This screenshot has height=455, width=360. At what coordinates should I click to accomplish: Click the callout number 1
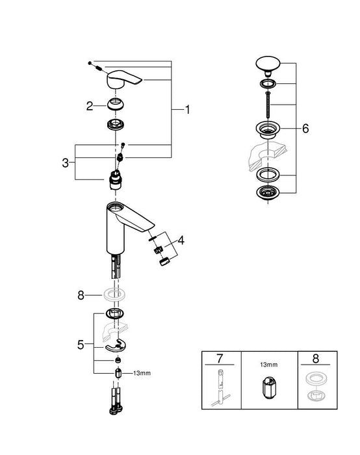(187, 110)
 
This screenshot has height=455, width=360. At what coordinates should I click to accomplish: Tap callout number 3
(66, 162)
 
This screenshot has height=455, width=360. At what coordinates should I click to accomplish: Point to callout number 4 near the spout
(181, 240)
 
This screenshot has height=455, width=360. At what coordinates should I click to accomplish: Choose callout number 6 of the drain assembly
(305, 128)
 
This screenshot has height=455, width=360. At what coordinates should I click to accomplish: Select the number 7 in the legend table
(219, 358)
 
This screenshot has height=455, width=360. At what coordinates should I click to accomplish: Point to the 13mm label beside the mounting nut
(142, 373)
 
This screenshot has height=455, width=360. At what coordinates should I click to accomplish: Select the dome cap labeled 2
(118, 104)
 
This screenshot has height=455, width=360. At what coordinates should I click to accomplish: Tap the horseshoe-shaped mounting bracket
(118, 345)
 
